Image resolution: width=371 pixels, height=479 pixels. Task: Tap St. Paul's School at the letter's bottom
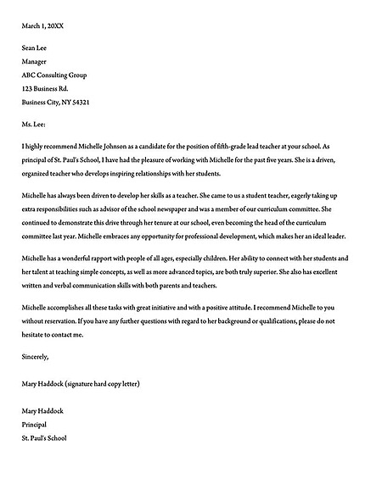pyautogui.click(x=44, y=437)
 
